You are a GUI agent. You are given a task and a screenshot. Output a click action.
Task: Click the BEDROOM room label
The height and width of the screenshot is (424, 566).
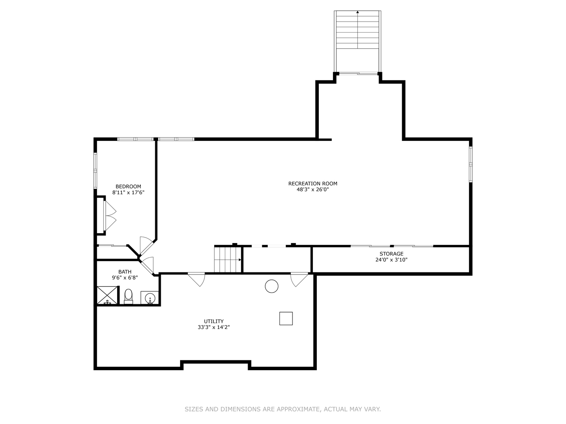click(x=128, y=186)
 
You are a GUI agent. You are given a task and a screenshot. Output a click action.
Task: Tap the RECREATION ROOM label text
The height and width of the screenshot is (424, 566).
click(x=312, y=183)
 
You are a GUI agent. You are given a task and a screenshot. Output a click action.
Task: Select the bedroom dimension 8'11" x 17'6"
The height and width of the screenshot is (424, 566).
click(x=128, y=193)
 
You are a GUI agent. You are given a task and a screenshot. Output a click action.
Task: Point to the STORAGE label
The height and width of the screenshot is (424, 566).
click(x=391, y=254)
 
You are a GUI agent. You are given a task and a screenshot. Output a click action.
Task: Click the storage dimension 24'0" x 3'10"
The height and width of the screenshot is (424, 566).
click(x=391, y=260)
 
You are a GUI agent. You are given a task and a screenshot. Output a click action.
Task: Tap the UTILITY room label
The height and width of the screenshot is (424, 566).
click(x=213, y=321)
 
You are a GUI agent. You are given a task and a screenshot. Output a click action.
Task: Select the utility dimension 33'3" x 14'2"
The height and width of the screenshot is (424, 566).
click(x=213, y=327)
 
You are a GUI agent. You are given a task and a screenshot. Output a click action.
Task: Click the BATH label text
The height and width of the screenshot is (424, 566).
click(x=125, y=272)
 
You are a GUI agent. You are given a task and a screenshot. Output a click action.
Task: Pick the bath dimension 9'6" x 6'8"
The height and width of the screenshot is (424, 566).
click(x=125, y=278)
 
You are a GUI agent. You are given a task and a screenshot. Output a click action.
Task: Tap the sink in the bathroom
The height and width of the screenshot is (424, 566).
click(x=150, y=299)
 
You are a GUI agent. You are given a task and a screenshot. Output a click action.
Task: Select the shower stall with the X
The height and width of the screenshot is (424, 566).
click(x=107, y=295)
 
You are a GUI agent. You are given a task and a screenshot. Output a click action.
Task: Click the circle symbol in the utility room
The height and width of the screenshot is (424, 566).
click(x=272, y=286)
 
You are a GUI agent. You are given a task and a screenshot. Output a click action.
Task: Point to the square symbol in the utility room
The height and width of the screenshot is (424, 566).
click(x=286, y=318)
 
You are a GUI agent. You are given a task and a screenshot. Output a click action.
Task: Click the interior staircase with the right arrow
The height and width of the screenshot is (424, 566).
click(x=227, y=259)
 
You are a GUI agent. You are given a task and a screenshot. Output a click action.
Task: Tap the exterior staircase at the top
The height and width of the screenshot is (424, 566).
click(x=357, y=39)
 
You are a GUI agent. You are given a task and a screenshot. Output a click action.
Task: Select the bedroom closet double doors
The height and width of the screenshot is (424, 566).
click(x=110, y=216)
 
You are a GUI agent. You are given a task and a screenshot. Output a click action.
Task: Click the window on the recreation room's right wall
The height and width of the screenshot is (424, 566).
click(x=470, y=164)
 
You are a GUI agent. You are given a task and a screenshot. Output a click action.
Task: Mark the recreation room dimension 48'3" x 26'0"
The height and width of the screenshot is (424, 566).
click(x=312, y=190)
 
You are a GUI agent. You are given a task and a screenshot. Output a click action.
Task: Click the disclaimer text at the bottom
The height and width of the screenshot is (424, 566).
click(x=283, y=409)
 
